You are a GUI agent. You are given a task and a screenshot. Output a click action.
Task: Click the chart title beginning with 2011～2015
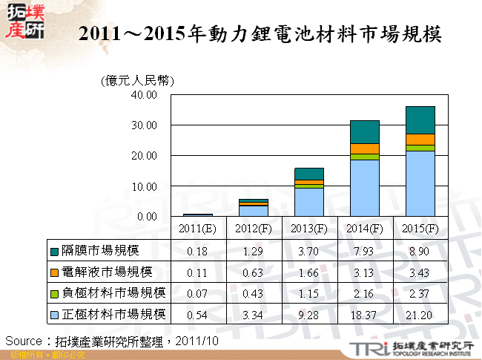tap(260, 35)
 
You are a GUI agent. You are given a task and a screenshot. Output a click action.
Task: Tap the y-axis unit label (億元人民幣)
tap(137, 81)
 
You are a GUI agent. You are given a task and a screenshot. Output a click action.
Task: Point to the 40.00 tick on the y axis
tap(143, 95)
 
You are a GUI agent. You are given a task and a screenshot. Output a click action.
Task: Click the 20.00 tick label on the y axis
tap(143, 156)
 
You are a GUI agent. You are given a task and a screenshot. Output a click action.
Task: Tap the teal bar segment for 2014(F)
tap(365, 131)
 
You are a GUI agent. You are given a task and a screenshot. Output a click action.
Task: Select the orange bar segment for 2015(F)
tap(420, 140)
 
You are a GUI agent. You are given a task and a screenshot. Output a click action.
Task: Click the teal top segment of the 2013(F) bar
tap(308, 174)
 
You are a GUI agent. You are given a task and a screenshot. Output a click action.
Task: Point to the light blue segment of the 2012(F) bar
tap(253, 211)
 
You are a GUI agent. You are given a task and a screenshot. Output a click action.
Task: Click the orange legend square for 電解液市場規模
tap(55, 272)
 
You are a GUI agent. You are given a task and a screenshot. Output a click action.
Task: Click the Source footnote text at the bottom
tap(111, 340)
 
